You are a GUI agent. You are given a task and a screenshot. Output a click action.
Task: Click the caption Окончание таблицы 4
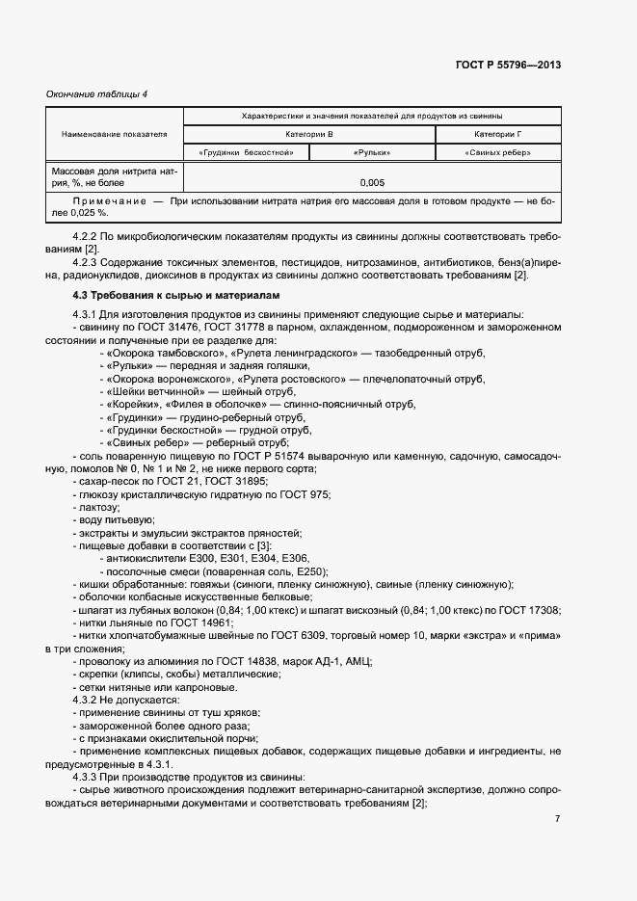point(97,93)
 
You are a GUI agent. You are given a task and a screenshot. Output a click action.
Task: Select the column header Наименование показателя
point(115,134)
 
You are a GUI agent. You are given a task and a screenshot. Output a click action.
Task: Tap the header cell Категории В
point(309,134)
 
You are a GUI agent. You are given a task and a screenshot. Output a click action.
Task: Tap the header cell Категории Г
point(497,134)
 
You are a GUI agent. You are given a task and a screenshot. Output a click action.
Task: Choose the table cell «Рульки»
point(372,152)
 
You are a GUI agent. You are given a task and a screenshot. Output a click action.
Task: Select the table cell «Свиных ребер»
point(497,152)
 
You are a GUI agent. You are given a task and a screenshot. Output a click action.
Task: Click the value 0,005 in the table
point(372,181)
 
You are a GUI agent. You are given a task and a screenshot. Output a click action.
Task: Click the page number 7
point(557,819)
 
